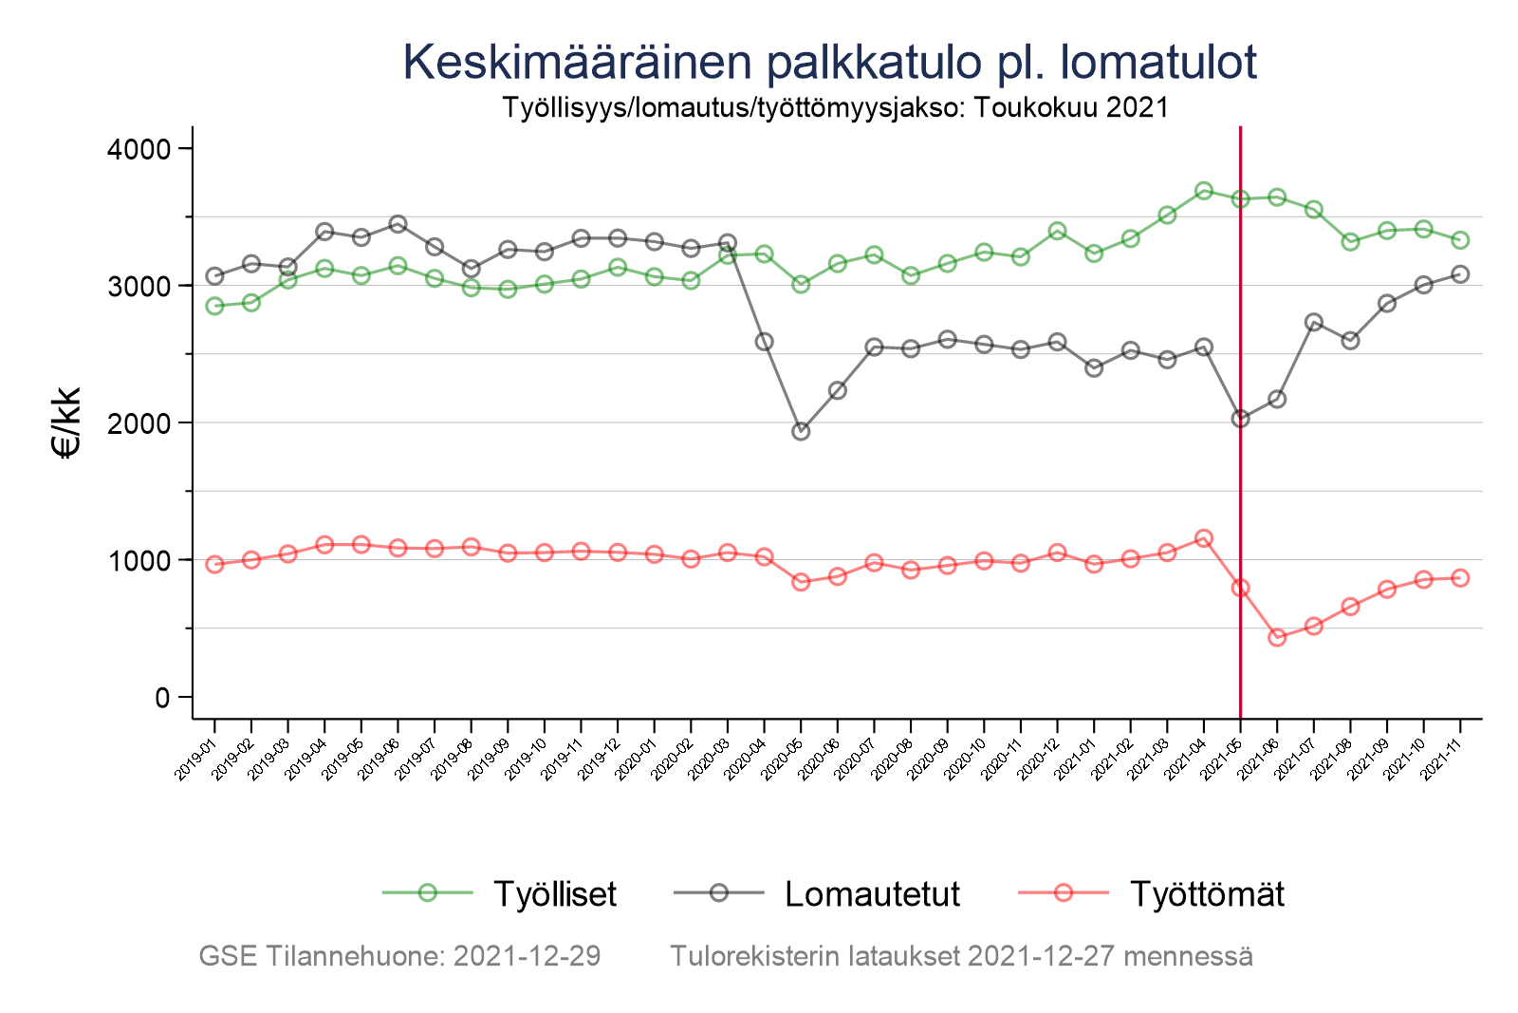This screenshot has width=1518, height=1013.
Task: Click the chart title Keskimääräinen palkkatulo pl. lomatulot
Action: tap(829, 63)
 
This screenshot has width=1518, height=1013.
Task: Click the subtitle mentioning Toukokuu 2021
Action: tap(835, 107)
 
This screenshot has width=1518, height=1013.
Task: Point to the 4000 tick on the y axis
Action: tap(143, 149)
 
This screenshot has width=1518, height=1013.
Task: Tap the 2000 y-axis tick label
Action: tap(143, 423)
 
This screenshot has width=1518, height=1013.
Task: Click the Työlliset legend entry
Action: tap(554, 894)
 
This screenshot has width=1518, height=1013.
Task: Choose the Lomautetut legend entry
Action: tap(871, 894)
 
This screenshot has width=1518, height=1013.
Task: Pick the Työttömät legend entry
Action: tap(1206, 894)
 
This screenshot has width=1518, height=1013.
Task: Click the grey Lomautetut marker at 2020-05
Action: tap(801, 431)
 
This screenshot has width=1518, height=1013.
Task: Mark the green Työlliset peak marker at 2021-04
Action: tap(1204, 191)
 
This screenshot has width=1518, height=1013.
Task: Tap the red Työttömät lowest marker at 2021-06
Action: tap(1277, 637)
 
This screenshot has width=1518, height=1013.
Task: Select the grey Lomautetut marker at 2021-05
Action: tap(1240, 419)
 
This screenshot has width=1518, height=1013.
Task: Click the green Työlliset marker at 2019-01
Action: tap(214, 306)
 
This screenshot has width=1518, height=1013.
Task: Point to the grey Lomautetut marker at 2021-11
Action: tap(1460, 274)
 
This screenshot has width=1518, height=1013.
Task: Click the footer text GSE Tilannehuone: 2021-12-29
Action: tap(399, 956)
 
